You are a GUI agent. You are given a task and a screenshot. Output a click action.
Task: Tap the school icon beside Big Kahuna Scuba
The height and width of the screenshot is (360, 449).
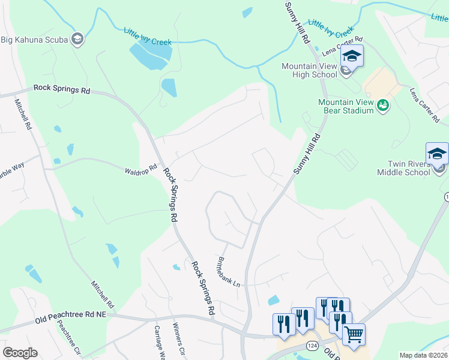(x=77, y=40)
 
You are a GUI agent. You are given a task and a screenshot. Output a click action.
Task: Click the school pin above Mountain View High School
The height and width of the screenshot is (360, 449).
(x=352, y=58)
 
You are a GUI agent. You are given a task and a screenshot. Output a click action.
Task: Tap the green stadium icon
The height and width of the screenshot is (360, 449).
(x=383, y=106)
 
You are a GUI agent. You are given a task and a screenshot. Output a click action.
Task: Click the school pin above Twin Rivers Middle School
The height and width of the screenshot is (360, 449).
(x=437, y=155)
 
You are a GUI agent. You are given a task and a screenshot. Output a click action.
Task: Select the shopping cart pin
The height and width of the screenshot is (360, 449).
(x=354, y=335)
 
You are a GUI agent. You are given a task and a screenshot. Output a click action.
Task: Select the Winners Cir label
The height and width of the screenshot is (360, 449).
(x=178, y=339)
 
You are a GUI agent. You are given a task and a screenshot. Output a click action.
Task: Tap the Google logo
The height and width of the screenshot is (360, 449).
(x=20, y=353)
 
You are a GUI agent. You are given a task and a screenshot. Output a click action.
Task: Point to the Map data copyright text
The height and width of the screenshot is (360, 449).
(x=423, y=355)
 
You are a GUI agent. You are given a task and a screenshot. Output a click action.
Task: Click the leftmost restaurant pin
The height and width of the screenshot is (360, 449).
(x=283, y=325)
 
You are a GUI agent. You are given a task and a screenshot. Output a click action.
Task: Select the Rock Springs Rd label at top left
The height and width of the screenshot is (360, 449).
(x=62, y=88)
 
